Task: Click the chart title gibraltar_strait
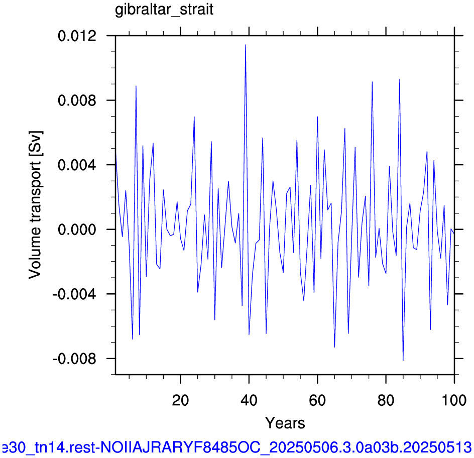[164, 10]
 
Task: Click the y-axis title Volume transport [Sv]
[35, 205]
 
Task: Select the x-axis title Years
[285, 423]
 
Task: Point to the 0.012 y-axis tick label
[77, 36]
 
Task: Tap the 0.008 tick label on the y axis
[77, 100]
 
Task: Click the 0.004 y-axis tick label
[77, 165]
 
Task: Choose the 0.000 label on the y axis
[77, 230]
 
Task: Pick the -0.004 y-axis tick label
[74, 294]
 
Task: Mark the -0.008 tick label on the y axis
[74, 359]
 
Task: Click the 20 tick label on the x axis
[180, 401]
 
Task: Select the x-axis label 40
[249, 401]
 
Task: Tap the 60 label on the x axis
[317, 401]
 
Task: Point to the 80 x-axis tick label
[386, 401]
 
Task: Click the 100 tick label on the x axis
[454, 401]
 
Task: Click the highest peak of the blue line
[246, 45]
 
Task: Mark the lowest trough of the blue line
[403, 361]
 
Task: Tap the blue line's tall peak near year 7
[136, 86]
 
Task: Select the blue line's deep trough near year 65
[334, 347]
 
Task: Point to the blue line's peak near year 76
[372, 82]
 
